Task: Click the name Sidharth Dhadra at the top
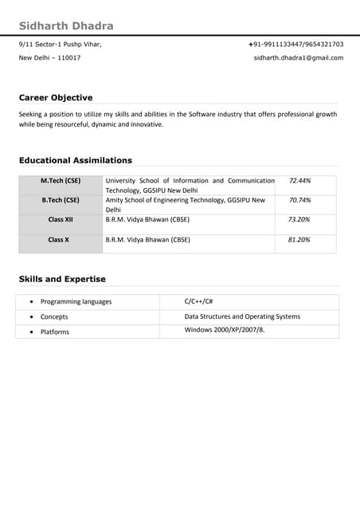tap(66, 25)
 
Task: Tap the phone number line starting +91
tap(295, 44)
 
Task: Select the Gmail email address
tap(299, 57)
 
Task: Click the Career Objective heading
tap(56, 97)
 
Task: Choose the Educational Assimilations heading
tap(76, 160)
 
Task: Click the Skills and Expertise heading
tap(62, 279)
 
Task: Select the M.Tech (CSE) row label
tap(61, 181)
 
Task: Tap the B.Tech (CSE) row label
tap(61, 200)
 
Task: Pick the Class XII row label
tap(61, 219)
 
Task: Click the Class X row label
tap(59, 239)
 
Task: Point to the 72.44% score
tap(299, 181)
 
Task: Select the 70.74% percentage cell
tap(299, 200)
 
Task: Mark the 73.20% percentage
tap(299, 219)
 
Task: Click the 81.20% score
tap(299, 239)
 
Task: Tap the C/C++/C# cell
tap(198, 301)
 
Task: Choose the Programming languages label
tap(76, 302)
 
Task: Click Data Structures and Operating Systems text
tap(242, 316)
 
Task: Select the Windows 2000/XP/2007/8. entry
tap(225, 330)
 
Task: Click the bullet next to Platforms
tap(30, 331)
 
